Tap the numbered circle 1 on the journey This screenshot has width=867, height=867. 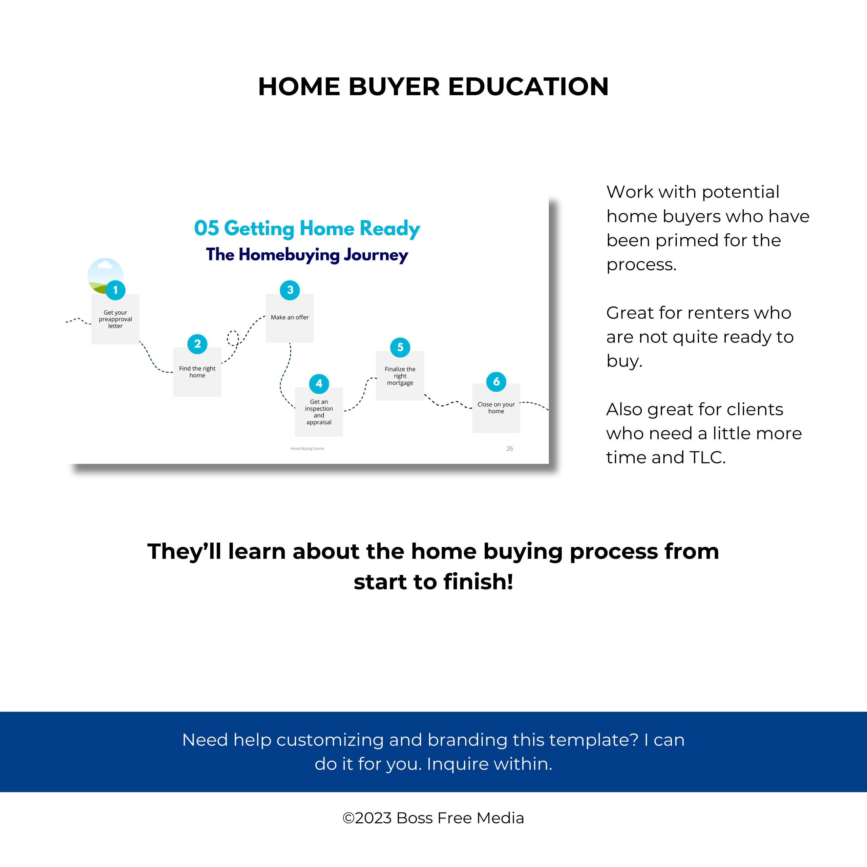pyautogui.click(x=115, y=290)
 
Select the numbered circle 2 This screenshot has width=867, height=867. pyautogui.click(x=197, y=344)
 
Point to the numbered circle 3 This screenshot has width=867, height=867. pyautogui.click(x=290, y=290)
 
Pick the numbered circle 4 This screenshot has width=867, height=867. pyautogui.click(x=319, y=384)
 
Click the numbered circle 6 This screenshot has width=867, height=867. pyautogui.click(x=496, y=381)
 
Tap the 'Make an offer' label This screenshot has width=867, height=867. pyautogui.click(x=290, y=317)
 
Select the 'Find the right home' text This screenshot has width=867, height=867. pyautogui.click(x=197, y=372)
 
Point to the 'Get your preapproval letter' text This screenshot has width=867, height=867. pyautogui.click(x=115, y=319)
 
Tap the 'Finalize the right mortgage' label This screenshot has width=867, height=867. pyautogui.click(x=400, y=376)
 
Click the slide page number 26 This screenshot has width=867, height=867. pyautogui.click(x=510, y=448)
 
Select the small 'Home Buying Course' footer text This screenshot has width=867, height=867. pyautogui.click(x=307, y=448)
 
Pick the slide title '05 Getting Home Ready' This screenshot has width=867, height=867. pyautogui.click(x=307, y=228)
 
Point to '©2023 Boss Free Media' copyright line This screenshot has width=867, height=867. pyautogui.click(x=433, y=818)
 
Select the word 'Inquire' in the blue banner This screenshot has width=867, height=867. pyautogui.click(x=454, y=764)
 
